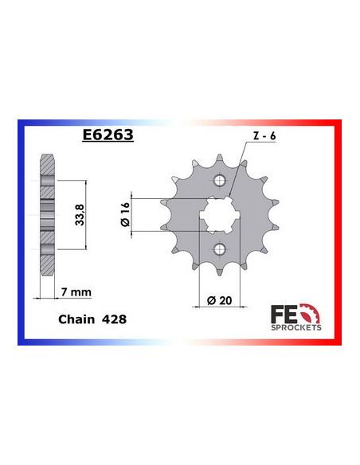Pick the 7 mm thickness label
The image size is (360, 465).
76,292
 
